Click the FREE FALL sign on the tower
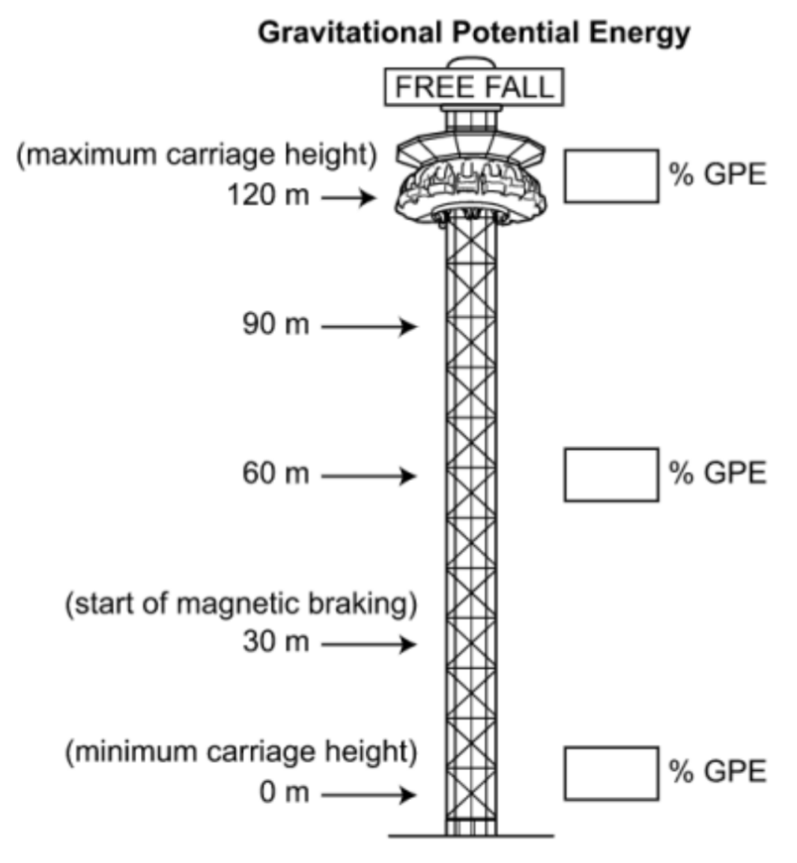473,87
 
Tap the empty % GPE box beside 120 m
611,175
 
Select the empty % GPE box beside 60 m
611,474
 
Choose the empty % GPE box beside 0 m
611,773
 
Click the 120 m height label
268,196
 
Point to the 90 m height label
276,325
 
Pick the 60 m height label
276,474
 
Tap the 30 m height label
276,642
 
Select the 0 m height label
285,793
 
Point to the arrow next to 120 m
348,198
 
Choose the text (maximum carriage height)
196,155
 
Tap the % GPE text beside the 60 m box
718,473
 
